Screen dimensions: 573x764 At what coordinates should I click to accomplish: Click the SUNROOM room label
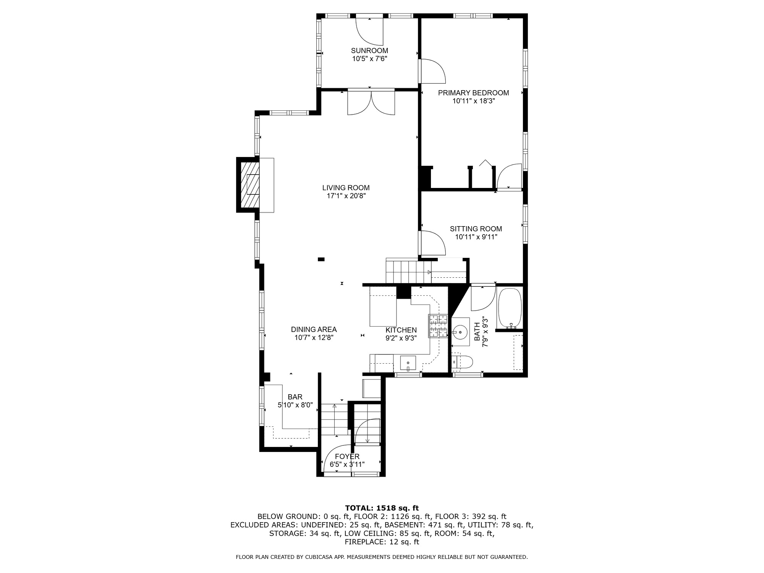pyautogui.click(x=369, y=50)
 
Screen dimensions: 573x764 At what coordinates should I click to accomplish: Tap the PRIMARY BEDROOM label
pyautogui.click(x=473, y=93)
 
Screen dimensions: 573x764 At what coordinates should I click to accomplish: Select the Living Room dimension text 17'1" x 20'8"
pyautogui.click(x=346, y=196)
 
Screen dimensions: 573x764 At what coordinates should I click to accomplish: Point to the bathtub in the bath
pyautogui.click(x=510, y=308)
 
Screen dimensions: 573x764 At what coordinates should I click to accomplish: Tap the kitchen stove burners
pyautogui.click(x=438, y=326)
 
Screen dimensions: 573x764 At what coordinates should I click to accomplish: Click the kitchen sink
pyautogui.click(x=408, y=362)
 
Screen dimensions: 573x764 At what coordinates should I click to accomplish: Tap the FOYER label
pyautogui.click(x=347, y=456)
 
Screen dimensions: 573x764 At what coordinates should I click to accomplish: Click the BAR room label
pyautogui.click(x=295, y=397)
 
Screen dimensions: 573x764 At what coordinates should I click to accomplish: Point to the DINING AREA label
pyautogui.click(x=314, y=329)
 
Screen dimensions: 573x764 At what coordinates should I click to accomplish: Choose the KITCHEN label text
pyautogui.click(x=401, y=330)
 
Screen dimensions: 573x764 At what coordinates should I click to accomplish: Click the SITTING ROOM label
pyautogui.click(x=476, y=229)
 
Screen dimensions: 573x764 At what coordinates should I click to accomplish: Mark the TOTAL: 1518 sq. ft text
pyautogui.click(x=382, y=508)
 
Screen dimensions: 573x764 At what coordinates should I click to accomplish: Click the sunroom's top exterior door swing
pyautogui.click(x=369, y=31)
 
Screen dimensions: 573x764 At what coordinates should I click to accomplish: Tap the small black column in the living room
pyautogui.click(x=321, y=259)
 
